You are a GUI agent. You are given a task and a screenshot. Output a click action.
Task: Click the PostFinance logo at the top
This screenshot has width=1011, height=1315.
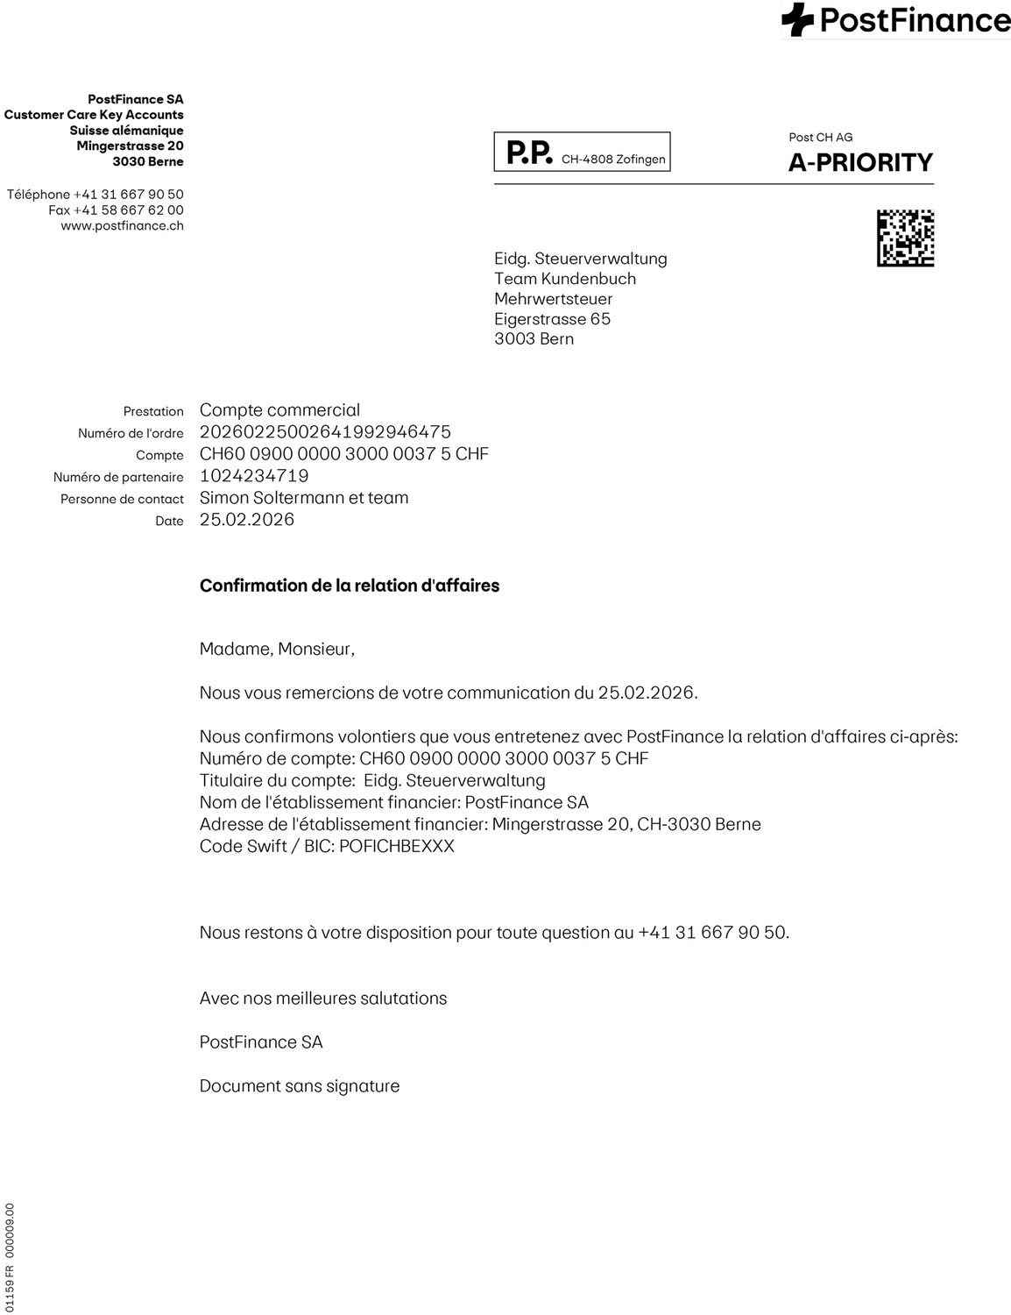(895, 20)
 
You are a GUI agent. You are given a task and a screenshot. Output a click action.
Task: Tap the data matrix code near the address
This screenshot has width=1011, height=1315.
(905, 238)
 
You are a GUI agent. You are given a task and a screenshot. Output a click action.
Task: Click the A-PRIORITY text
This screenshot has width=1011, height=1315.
(860, 163)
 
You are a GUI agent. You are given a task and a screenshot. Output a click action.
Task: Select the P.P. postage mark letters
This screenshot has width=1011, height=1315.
(529, 153)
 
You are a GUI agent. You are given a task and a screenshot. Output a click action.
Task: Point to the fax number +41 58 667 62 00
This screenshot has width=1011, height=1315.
(116, 210)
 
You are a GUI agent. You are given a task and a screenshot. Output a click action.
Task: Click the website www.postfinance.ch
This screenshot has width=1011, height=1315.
(122, 226)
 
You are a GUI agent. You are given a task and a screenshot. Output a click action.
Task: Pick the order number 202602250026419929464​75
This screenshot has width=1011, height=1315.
(325, 432)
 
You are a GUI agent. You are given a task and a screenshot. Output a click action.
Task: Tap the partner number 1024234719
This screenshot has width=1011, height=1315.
(254, 476)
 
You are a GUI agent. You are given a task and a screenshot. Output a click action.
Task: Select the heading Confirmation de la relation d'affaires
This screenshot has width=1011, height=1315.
(350, 586)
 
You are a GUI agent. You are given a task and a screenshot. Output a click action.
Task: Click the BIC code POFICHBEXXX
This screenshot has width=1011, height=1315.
(397, 847)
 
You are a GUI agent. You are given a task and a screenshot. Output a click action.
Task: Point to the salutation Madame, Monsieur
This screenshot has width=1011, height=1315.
(277, 650)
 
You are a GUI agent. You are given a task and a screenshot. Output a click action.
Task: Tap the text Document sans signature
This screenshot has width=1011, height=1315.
(300, 1086)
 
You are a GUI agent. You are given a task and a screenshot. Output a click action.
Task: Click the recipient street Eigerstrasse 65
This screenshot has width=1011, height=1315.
(552, 319)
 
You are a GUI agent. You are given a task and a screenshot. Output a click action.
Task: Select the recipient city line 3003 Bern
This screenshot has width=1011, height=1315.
(534, 339)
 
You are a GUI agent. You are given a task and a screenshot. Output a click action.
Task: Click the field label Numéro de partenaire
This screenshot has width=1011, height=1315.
(118, 478)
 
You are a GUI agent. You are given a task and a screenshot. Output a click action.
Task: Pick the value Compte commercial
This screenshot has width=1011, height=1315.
(279, 410)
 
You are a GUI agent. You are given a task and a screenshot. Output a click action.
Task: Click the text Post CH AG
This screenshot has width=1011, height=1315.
(820, 138)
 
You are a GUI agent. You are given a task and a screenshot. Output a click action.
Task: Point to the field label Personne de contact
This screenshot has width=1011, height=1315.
(122, 500)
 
